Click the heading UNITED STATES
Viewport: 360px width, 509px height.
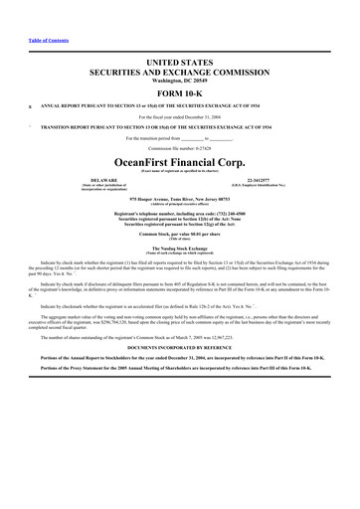(180, 62)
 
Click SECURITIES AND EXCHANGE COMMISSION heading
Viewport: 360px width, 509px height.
(180, 71)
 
